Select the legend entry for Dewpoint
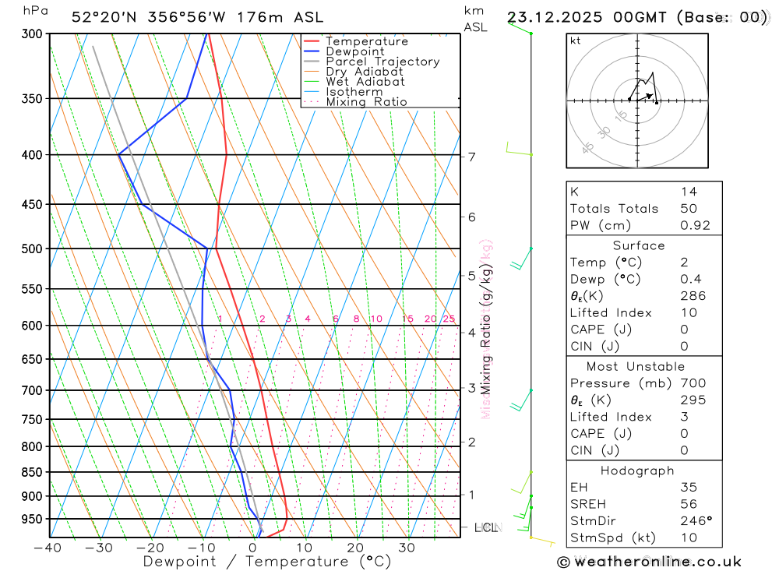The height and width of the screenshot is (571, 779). click(355, 51)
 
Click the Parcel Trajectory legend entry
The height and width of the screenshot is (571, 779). click(382, 62)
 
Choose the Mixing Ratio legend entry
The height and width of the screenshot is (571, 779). click(366, 102)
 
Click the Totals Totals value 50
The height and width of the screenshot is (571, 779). click(689, 209)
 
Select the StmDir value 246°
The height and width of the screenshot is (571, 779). click(696, 521)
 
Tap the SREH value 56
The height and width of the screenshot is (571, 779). click(689, 504)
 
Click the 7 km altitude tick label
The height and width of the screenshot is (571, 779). click(472, 157)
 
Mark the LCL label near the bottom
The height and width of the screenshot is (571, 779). click(486, 528)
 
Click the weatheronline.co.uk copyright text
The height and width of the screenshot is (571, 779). click(649, 562)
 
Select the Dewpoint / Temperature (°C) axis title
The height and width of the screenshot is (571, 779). click(266, 562)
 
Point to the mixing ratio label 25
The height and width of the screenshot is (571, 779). click(449, 319)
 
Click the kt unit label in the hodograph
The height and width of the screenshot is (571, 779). click(576, 41)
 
